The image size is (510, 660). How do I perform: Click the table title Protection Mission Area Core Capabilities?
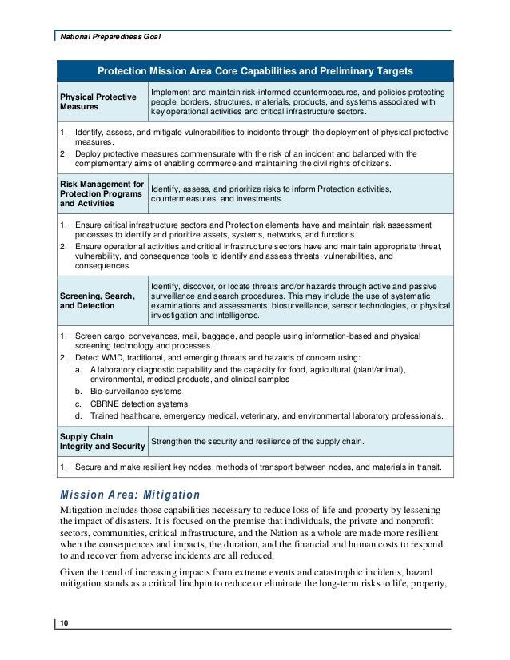(x=254, y=70)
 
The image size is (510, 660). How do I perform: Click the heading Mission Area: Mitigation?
(x=130, y=495)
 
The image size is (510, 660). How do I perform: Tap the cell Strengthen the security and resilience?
(x=257, y=442)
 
